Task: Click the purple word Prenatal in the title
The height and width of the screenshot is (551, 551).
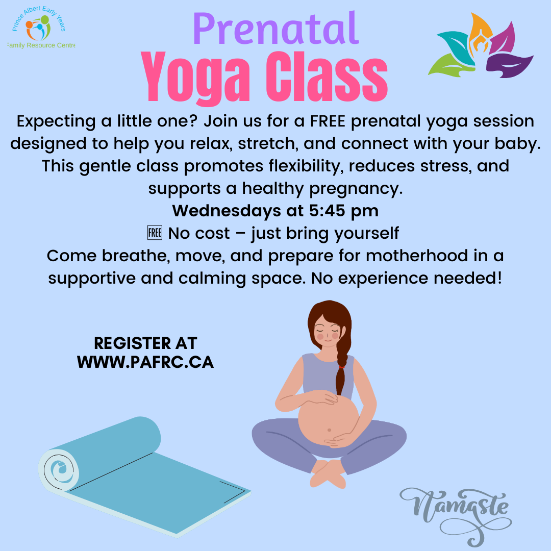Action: pos(276,28)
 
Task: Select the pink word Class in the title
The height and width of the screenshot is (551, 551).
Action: pos(327,77)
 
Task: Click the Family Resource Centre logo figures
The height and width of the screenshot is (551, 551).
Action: pos(38,28)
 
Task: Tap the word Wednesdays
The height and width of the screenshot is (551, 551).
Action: pos(227,211)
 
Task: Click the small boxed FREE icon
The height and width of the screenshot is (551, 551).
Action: pos(155,233)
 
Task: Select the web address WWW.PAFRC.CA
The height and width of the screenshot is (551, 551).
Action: pos(145,362)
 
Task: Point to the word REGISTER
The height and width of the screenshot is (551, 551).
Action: pos(133,343)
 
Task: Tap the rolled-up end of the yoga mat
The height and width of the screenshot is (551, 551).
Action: pos(58,469)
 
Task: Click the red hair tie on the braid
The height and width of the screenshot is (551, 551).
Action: pos(341,367)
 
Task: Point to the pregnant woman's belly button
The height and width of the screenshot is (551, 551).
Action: pos(329,430)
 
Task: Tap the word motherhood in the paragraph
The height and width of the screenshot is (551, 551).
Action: pos(417,256)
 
